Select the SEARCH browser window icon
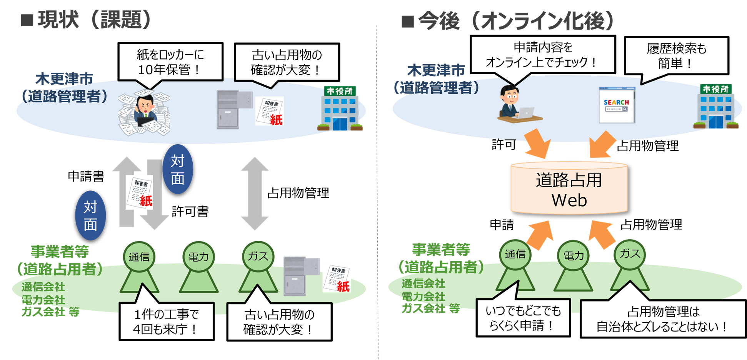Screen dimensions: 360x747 [x=617, y=105]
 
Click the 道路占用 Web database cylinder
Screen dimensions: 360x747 [x=569, y=189]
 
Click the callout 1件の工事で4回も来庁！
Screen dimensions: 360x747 [x=166, y=321]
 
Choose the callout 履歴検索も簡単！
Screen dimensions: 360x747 [x=676, y=55]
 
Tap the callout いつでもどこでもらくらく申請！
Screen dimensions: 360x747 [x=523, y=318]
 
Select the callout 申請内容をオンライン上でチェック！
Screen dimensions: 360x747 [x=542, y=55]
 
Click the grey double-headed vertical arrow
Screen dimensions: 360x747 [x=255, y=193]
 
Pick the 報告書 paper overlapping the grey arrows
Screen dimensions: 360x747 [x=140, y=192]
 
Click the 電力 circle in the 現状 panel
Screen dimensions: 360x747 [x=198, y=257]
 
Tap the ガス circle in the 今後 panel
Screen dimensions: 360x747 [x=630, y=254]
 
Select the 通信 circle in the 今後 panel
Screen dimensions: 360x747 [x=515, y=254]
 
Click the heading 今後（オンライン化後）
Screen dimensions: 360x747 [x=508, y=20]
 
